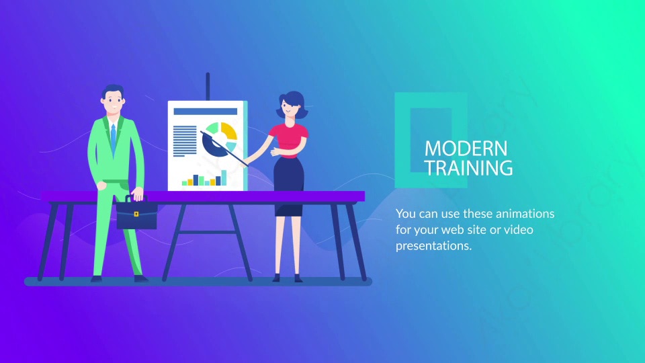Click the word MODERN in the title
(x=466, y=149)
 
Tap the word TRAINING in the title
(x=468, y=168)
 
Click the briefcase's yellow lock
(x=136, y=214)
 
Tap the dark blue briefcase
(x=136, y=213)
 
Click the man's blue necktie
(x=113, y=138)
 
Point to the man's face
(x=113, y=102)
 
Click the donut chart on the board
(x=220, y=140)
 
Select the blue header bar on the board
(x=206, y=112)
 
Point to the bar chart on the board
(x=204, y=177)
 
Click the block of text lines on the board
(x=185, y=141)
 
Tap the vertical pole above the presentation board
(x=208, y=87)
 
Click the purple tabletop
(x=203, y=196)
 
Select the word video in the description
(x=518, y=230)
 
